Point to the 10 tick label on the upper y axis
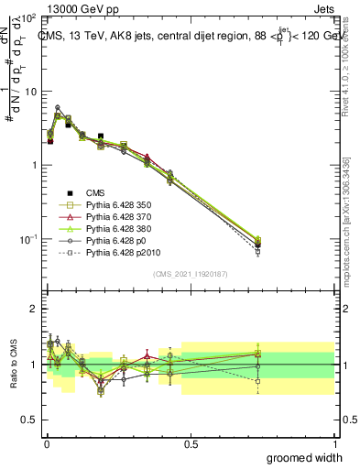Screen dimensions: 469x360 [x=29, y=92]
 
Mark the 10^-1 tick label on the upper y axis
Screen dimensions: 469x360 [x=27, y=238]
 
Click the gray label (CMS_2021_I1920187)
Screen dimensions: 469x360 [x=191, y=274]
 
